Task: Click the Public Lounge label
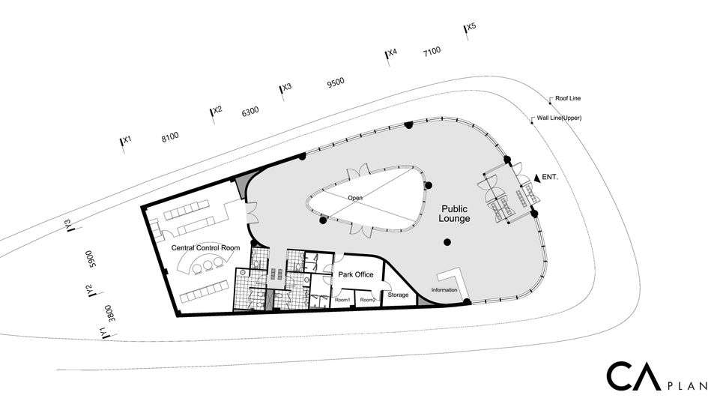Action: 454,214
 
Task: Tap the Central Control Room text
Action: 205,248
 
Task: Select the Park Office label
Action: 356,274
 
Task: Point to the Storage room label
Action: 398,295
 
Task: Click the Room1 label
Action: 342,300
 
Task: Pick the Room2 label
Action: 368,300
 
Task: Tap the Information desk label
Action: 444,290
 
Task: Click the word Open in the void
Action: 355,198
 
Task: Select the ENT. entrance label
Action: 550,177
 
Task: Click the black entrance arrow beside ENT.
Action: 536,178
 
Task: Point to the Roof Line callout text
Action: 568,98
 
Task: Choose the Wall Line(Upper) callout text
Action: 560,118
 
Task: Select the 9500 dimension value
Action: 336,82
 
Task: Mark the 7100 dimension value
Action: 432,52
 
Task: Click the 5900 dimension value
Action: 91,259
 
